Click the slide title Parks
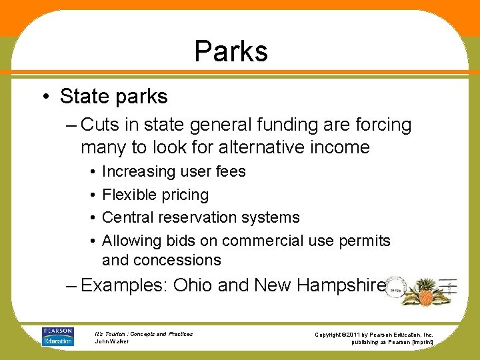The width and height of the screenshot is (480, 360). coord(231,51)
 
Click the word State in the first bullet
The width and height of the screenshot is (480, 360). coord(85,97)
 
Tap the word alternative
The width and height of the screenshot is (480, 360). coord(249,147)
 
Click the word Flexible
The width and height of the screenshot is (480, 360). coord(127,195)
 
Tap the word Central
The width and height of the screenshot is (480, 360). coord(127,217)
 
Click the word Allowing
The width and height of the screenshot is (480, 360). coord(127,240)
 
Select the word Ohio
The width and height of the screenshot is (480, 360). coord(193,286)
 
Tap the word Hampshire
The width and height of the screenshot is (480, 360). coord(341,286)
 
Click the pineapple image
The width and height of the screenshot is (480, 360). coord(425,291)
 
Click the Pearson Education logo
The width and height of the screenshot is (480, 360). coord(57,336)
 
